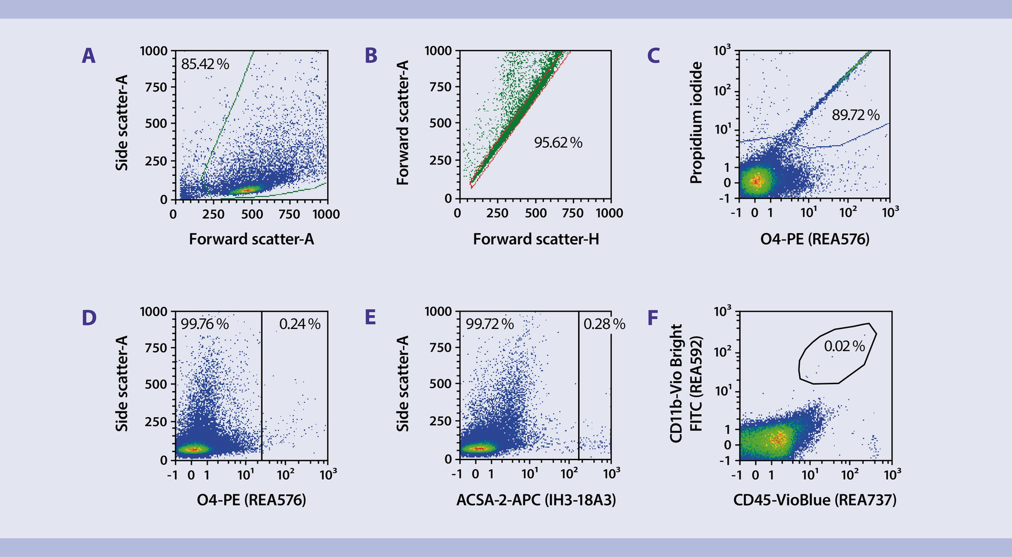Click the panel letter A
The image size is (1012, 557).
pyautogui.click(x=88, y=56)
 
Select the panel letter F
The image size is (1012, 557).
pyautogui.click(x=653, y=318)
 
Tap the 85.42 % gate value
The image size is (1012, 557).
pyautogui.click(x=205, y=64)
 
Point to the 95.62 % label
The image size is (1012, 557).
pyautogui.click(x=558, y=143)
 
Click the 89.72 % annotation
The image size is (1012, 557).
pyautogui.click(x=855, y=115)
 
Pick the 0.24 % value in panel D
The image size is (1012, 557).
pyautogui.click(x=299, y=324)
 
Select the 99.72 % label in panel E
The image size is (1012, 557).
pyautogui.click(x=489, y=324)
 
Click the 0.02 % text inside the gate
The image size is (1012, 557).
pyautogui.click(x=844, y=346)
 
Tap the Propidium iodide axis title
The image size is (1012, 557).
pyautogui.click(x=696, y=123)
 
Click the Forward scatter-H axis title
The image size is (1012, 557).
pyautogui.click(x=536, y=239)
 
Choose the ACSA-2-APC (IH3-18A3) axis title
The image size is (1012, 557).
pyautogui.click(x=536, y=500)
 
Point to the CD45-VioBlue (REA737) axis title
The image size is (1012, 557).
pyautogui.click(x=815, y=500)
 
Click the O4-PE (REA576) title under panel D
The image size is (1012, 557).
pyautogui.click(x=251, y=500)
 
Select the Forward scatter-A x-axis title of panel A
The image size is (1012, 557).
pyautogui.click(x=251, y=239)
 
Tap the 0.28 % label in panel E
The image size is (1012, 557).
pyautogui.click(x=604, y=324)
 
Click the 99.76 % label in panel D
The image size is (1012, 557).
pyautogui.click(x=205, y=324)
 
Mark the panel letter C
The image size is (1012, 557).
pyautogui.click(x=653, y=56)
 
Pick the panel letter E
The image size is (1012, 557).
pyautogui.click(x=370, y=318)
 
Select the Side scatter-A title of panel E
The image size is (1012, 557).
pyautogui.click(x=402, y=384)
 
